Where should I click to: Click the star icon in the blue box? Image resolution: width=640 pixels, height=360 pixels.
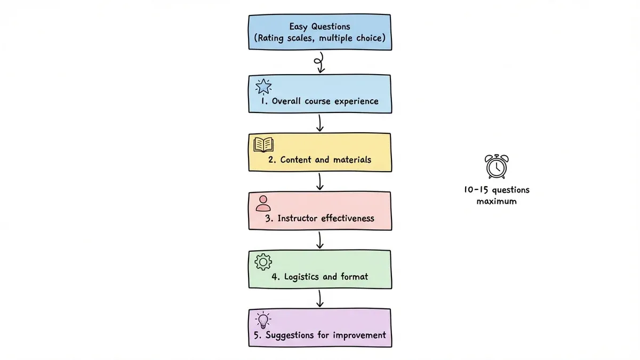pos(264,86)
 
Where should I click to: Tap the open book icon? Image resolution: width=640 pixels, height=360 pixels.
pos(263,144)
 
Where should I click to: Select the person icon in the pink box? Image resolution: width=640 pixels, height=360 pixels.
pos(263,203)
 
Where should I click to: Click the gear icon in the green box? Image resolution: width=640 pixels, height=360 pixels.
pos(263,261)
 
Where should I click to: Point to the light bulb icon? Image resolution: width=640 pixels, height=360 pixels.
pos(263,319)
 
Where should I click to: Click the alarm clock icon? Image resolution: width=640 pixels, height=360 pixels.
pos(496,166)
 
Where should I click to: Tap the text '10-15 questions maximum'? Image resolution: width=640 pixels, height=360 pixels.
pos(496,196)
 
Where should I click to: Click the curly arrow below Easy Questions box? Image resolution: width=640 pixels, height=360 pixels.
pos(319,62)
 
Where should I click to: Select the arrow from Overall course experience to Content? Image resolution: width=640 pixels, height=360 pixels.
pos(319,123)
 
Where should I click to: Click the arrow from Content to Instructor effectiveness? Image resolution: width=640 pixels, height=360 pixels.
pos(319,181)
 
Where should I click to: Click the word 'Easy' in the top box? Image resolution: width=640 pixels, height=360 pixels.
pos(300,26)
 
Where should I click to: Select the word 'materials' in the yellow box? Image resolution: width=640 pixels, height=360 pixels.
pos(352,159)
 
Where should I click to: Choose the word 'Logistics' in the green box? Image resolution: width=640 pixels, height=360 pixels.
pos(303,277)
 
